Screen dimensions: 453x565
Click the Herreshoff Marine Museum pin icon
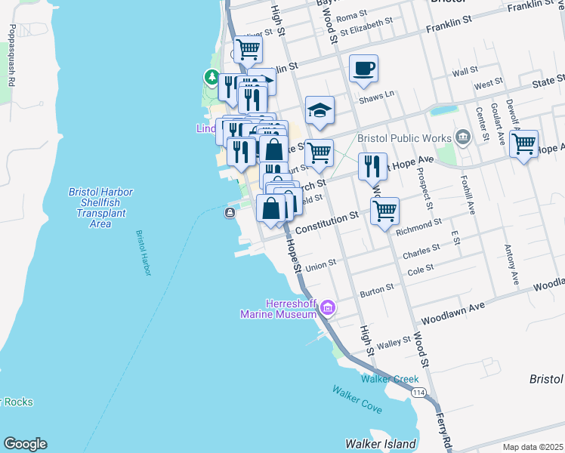pos(327,307)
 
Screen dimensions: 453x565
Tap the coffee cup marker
pos(363,69)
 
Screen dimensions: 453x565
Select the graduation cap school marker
pos(320,110)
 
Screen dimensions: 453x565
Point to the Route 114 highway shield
pos(418,392)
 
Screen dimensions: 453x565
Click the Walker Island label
pos(381,443)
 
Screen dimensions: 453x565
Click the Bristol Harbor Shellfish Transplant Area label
pos(100,208)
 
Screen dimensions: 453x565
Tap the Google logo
pos(25,444)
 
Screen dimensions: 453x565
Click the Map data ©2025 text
pos(533,447)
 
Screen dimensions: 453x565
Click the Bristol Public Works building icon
pos(463,137)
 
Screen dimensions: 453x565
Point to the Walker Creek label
pos(390,378)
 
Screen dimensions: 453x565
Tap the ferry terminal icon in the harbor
pos(229,214)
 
